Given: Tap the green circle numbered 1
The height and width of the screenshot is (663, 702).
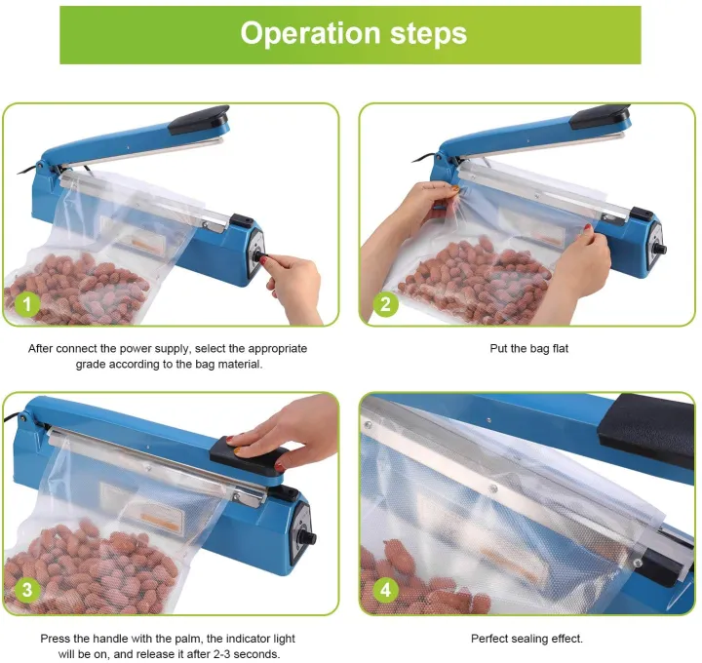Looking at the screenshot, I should pos(26,305).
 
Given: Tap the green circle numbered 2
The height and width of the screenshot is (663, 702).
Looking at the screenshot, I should pos(385,305).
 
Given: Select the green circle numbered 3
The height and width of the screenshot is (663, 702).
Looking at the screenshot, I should pos(26,590).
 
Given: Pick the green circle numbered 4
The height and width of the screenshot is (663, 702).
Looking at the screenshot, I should pos(385,590).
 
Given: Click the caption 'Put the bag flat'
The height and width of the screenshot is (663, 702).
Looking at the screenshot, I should pos(527,348).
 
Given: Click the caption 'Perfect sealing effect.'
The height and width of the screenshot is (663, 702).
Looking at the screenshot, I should pos(526,639).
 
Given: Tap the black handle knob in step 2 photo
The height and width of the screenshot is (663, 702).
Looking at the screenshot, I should pos(603,116).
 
